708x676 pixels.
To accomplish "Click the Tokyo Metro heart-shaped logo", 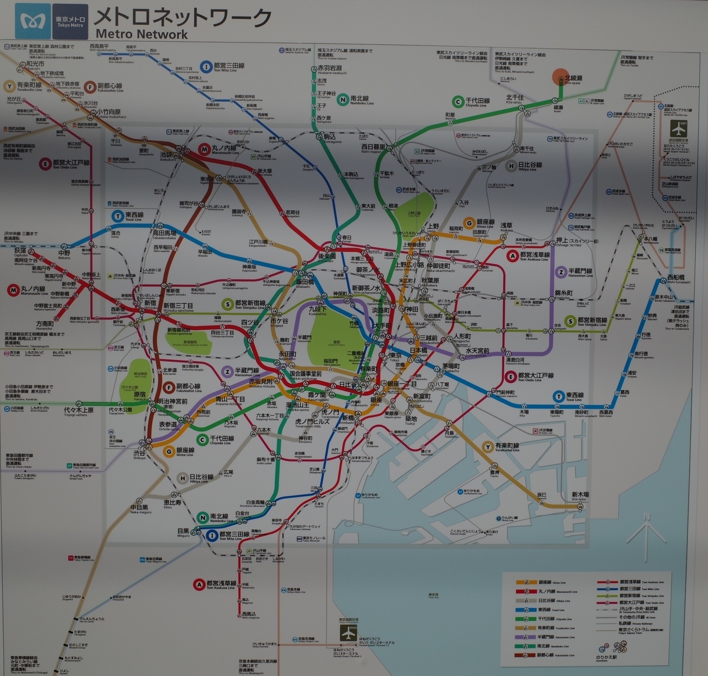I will (29, 21).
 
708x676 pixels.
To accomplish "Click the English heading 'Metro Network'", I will (141, 34).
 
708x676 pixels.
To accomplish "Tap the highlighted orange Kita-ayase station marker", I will (559, 77).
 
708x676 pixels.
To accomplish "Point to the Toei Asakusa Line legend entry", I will (631, 582).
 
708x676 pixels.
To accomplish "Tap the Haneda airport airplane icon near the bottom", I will (349, 632).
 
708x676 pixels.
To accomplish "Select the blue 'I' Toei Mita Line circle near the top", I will (206, 67).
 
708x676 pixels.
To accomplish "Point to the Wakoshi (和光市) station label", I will (35, 64).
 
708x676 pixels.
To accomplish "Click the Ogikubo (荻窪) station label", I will (20, 252).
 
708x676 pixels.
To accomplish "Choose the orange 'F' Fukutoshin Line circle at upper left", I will (90, 87).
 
